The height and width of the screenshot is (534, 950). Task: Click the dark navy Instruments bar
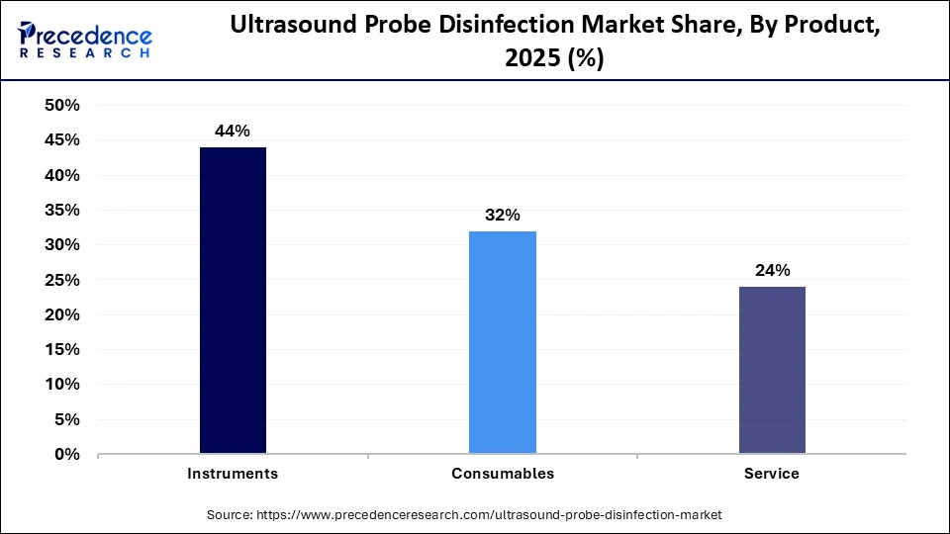[233, 301]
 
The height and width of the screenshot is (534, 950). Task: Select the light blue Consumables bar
[503, 342]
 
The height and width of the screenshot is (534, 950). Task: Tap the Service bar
[772, 370]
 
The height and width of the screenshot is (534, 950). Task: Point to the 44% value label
[233, 131]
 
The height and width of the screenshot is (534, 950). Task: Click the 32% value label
[503, 215]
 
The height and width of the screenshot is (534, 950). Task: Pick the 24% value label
[772, 270]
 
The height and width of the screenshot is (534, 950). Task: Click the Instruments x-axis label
[233, 474]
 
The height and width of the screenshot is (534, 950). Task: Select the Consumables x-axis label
[503, 474]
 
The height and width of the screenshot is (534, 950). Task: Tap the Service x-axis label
[772, 474]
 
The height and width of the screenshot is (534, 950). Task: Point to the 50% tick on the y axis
[62, 106]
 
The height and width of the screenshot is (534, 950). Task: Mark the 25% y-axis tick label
[62, 280]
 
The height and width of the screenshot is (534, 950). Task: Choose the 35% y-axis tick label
[62, 211]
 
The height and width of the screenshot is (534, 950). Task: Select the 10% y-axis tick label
[62, 385]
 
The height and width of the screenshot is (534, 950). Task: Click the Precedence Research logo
[85, 40]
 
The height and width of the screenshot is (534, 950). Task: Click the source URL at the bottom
[463, 515]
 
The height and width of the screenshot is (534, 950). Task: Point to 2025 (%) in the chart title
[554, 59]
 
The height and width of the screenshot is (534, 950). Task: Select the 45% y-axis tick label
[62, 140]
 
